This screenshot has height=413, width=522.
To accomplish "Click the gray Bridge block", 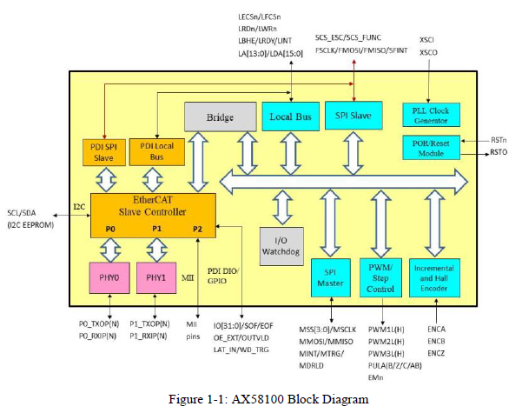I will (x=220, y=117).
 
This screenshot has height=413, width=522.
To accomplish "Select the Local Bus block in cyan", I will (x=290, y=117).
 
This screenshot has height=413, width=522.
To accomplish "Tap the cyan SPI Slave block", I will (x=353, y=117).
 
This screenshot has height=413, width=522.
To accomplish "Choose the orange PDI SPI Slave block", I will (x=104, y=150).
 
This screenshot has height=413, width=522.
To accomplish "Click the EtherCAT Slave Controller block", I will (x=153, y=214).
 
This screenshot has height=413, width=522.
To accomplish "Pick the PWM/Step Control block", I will (x=380, y=276).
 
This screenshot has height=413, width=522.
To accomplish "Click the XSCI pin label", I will (x=427, y=39).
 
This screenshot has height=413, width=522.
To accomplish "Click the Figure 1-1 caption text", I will (x=260, y=399).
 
